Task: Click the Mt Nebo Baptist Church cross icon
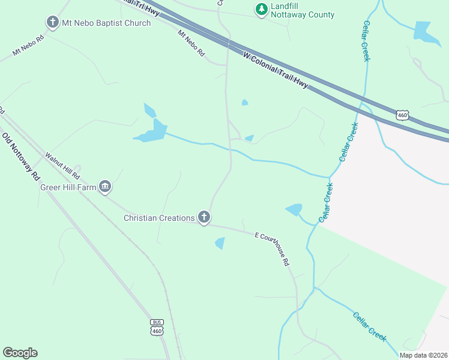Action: coord(52,23)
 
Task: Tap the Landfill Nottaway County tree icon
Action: coord(261,9)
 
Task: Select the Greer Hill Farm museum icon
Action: coord(105,187)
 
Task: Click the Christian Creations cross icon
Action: coord(203,218)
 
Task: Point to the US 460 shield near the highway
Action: coord(402,114)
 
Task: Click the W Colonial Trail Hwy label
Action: coord(276,71)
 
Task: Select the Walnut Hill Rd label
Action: coord(62,166)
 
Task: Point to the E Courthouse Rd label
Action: coord(273,248)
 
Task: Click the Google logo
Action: coord(20,353)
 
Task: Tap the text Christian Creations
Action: coord(159,218)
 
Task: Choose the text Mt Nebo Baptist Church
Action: coord(100,23)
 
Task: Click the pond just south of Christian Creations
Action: coord(220,243)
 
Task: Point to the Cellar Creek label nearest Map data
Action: coord(369,327)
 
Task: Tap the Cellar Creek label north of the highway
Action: coord(366,40)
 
